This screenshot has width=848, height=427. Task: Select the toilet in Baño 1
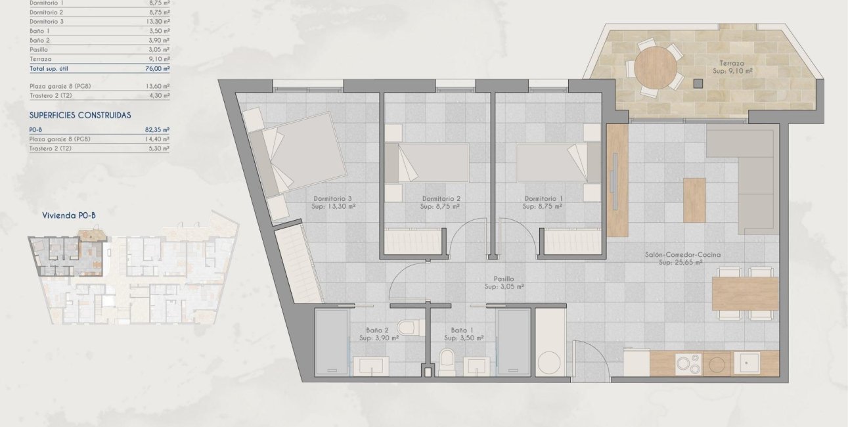pyautogui.click(x=446, y=359)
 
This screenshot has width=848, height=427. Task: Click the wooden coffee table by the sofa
pyautogui.click(x=694, y=200)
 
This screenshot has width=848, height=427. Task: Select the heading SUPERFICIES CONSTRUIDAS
pyautogui.click(x=80, y=115)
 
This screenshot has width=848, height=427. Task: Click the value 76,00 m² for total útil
pyautogui.click(x=156, y=68)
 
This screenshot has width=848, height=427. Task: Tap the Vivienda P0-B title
pyautogui.click(x=70, y=215)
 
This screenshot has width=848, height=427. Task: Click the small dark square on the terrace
pyautogui.click(x=698, y=83)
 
